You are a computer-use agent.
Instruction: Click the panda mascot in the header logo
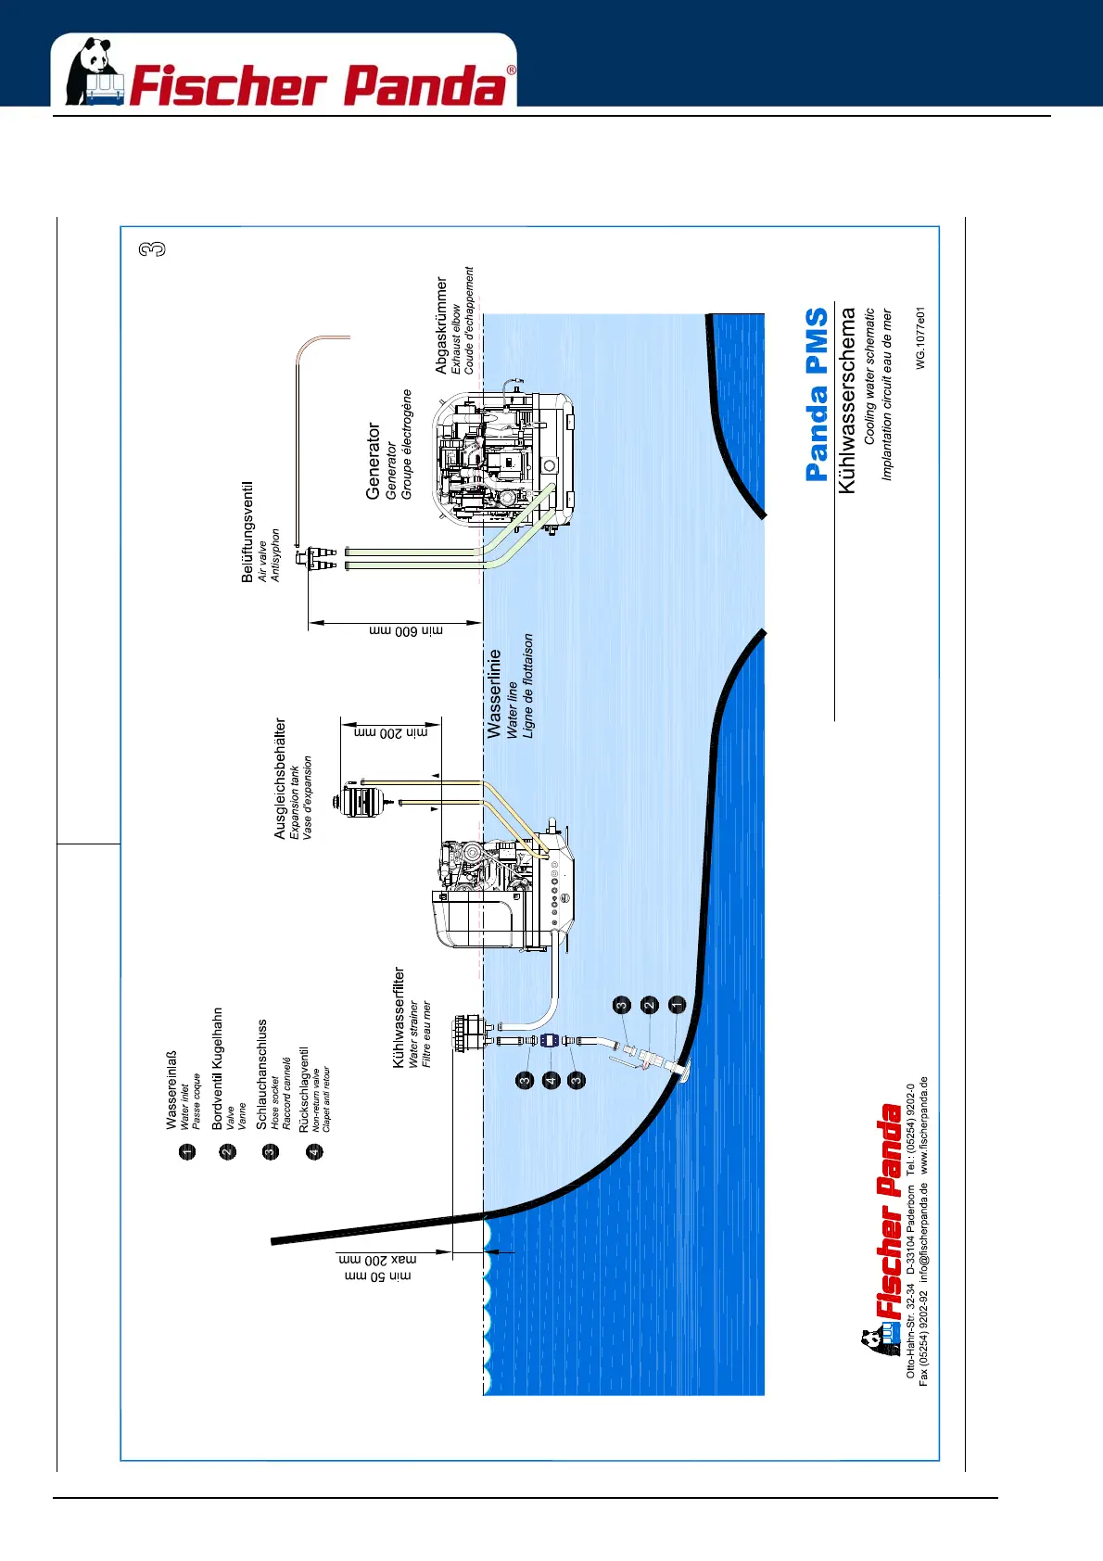[x=92, y=70]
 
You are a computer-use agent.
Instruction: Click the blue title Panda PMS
[x=817, y=394]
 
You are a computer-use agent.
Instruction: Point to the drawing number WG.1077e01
[x=920, y=338]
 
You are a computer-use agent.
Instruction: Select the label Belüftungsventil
[x=247, y=531]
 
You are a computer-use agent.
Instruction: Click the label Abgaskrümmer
[x=441, y=325]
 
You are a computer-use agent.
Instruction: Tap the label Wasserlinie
[x=494, y=692]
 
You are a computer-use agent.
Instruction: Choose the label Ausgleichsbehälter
[x=280, y=779]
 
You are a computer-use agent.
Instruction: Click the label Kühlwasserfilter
[x=399, y=1017]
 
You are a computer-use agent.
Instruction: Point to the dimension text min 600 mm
[x=406, y=630]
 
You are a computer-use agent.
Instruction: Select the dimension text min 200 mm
[x=391, y=732]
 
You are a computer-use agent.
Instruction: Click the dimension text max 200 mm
[x=377, y=1260]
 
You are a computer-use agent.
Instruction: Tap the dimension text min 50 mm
[x=377, y=1276]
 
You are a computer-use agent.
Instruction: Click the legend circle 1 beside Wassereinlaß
[x=188, y=1152]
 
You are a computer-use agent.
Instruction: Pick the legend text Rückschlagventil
[x=304, y=1089]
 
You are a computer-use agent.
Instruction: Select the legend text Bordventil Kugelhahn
[x=218, y=1068]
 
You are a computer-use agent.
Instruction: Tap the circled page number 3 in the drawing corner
[x=152, y=249]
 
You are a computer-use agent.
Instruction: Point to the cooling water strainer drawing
[x=468, y=1032]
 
